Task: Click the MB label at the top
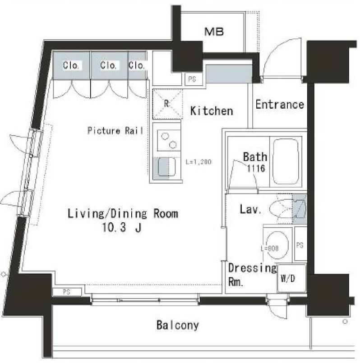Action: click(x=214, y=32)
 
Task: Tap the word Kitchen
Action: click(x=212, y=111)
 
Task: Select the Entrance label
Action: click(x=280, y=105)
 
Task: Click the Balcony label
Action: click(x=178, y=325)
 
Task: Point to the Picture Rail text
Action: click(x=115, y=131)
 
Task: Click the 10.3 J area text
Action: click(x=122, y=227)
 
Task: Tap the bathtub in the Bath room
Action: click(x=286, y=161)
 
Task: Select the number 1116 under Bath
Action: click(x=256, y=168)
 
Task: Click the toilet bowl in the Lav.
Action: click(x=281, y=209)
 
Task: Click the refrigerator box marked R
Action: click(x=167, y=104)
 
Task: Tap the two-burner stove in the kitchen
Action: click(x=169, y=141)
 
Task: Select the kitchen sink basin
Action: click(x=167, y=167)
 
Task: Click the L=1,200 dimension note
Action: click(x=198, y=162)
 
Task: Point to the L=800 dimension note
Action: click(x=270, y=248)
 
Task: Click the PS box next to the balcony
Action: click(x=67, y=292)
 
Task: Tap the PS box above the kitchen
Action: click(x=194, y=79)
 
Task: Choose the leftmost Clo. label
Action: click(x=71, y=65)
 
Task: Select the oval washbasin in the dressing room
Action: click(x=277, y=245)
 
